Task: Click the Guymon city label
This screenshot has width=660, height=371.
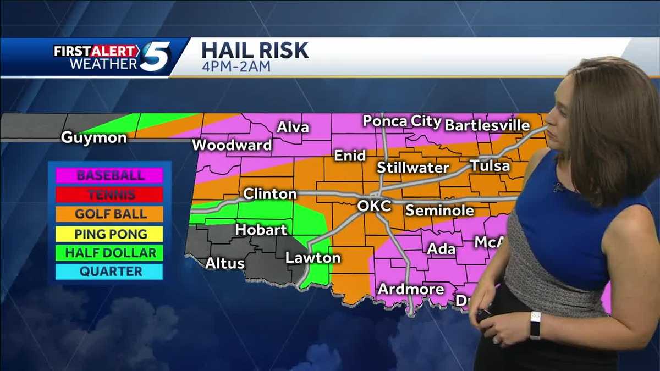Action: (x=94, y=137)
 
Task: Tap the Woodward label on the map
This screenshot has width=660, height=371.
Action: (x=232, y=145)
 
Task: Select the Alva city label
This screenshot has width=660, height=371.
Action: (x=293, y=128)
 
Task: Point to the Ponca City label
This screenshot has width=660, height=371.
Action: (x=402, y=121)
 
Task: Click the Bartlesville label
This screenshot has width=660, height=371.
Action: (x=487, y=125)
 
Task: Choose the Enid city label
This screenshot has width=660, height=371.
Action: (x=350, y=156)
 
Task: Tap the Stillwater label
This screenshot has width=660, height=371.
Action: (x=413, y=168)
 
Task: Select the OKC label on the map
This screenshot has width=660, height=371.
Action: (x=374, y=206)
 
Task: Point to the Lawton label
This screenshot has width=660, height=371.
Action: (x=313, y=257)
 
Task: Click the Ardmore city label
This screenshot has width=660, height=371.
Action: (x=411, y=289)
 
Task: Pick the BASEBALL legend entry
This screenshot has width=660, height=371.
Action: (x=110, y=176)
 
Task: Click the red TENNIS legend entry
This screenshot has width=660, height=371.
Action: (x=110, y=195)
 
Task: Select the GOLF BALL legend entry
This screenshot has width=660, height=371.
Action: (x=110, y=214)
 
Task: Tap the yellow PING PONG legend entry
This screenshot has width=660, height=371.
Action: (x=110, y=234)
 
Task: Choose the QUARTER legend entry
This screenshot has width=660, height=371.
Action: (x=110, y=272)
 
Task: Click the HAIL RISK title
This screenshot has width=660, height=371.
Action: (x=255, y=51)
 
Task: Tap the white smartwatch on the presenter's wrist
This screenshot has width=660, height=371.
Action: (x=535, y=325)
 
